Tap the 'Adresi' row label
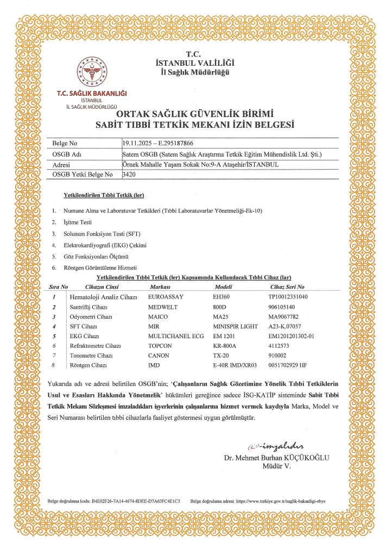coord(64,164)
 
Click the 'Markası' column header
coord(160,287)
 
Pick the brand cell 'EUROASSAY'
coord(166,297)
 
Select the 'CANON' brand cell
coord(159,356)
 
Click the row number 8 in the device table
coord(54,365)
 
